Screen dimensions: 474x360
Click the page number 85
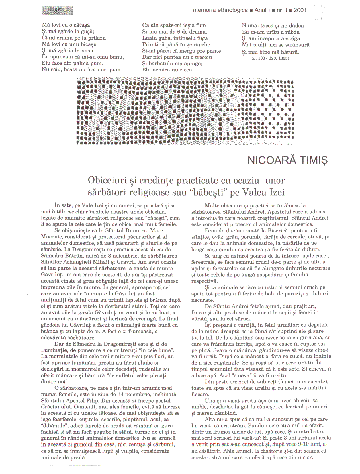tap(58, 11)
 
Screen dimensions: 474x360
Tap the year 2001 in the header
tap(300, 10)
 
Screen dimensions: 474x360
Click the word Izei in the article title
tap(277, 193)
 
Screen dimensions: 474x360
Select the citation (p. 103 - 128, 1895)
tap(270, 58)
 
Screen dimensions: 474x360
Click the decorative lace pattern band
tap(185, 111)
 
